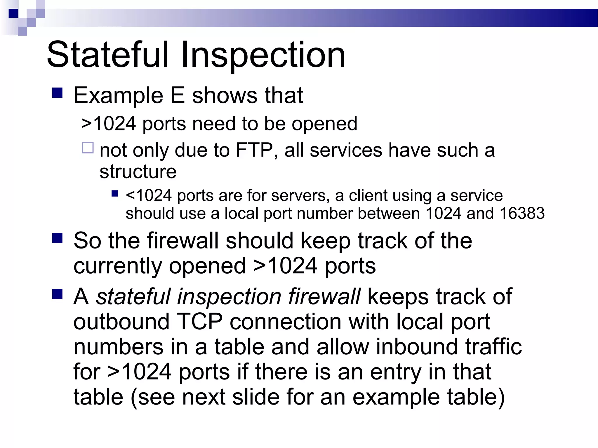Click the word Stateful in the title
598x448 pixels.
[107, 55]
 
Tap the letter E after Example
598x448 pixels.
[178, 95]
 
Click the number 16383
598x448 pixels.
[522, 213]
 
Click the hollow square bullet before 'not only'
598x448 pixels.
[88, 148]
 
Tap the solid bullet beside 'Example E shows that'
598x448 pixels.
[58, 93]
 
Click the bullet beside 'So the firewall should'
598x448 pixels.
[58, 238]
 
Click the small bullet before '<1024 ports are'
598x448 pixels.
[115, 194]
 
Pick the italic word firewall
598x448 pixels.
[324, 297]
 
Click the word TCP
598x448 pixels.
[200, 322]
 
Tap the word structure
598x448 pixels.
[138, 171]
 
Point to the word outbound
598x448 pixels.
[121, 322]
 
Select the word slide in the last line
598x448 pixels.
[256, 397]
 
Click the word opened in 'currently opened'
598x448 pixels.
[207, 266]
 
